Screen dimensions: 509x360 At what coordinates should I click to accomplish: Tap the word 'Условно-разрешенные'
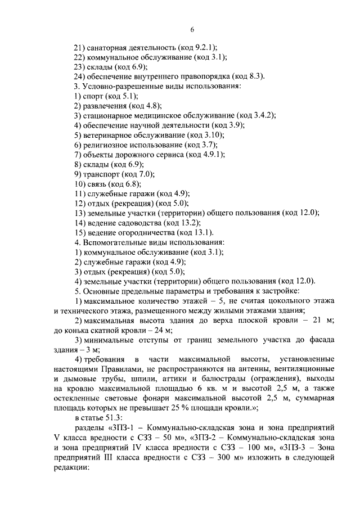pos(121,86)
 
